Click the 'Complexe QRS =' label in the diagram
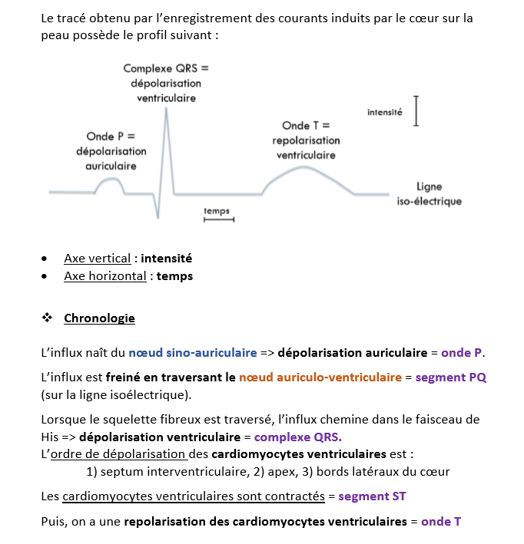pyautogui.click(x=166, y=68)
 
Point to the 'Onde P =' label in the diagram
pyautogui.click(x=111, y=137)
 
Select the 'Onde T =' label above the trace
pyautogui.click(x=305, y=126)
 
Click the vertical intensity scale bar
pyautogui.click(x=416, y=110)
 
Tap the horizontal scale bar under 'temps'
pyautogui.click(x=218, y=220)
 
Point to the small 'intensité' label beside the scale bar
pyautogui.click(x=384, y=112)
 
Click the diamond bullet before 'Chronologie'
pyautogui.click(x=47, y=318)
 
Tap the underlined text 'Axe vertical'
pyautogui.click(x=97, y=259)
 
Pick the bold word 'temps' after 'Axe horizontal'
pyautogui.click(x=174, y=275)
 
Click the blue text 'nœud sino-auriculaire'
pyautogui.click(x=193, y=353)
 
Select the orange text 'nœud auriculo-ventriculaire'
pyautogui.click(x=320, y=377)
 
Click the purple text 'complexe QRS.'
pyautogui.click(x=297, y=437)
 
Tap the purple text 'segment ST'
pyautogui.click(x=372, y=496)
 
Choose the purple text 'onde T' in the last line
pyautogui.click(x=440, y=521)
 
